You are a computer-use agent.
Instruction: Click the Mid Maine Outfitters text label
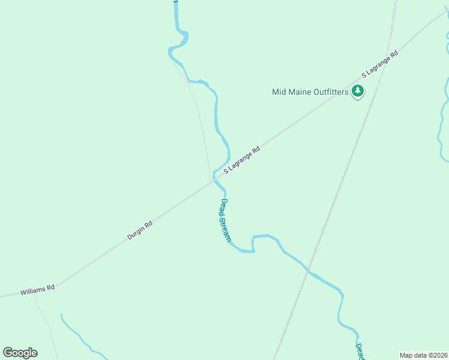[310, 92]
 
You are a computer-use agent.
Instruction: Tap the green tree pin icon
[358, 92]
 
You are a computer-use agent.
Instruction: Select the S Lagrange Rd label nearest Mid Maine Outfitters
[380, 65]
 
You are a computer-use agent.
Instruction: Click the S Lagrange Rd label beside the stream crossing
[242, 160]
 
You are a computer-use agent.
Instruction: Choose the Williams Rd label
[37, 290]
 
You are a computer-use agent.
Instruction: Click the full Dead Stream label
[224, 220]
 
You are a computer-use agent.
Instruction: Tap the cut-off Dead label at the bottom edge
[360, 352]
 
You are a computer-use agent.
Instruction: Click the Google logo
[20, 353]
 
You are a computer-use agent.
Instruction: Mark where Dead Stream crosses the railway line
[309, 271]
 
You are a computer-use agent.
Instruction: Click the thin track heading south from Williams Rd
[46, 324]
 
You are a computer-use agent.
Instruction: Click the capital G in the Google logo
[8, 352]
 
